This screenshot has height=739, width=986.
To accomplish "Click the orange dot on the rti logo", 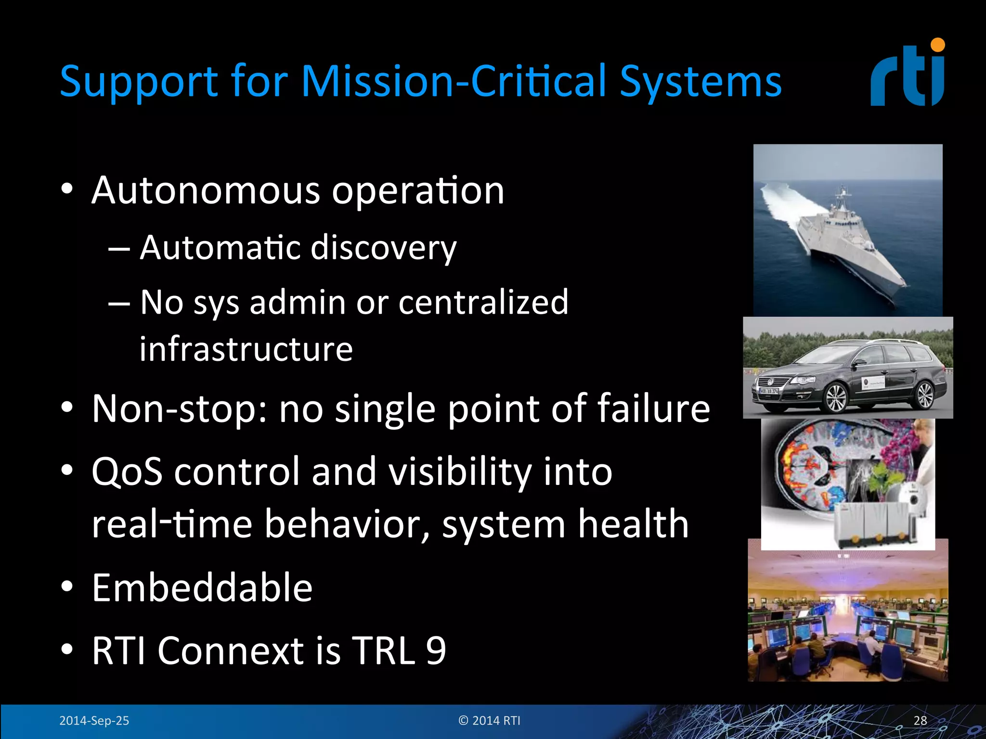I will pyautogui.click(x=937, y=45).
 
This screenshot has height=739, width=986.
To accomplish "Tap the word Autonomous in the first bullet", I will pyautogui.click(x=205, y=191).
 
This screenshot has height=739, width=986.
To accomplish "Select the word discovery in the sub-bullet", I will pyautogui.click(x=383, y=248).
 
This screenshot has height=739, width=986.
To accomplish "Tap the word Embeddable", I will pyautogui.click(x=202, y=588).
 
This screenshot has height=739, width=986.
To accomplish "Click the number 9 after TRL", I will pyautogui.click(x=436, y=650).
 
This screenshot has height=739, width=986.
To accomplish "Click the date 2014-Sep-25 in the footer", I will pyautogui.click(x=94, y=720).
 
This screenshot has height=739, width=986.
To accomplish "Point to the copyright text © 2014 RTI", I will pyautogui.click(x=489, y=720).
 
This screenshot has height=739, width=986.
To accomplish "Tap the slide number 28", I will pyautogui.click(x=920, y=720).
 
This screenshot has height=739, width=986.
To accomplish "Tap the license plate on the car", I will pyautogui.click(x=768, y=392).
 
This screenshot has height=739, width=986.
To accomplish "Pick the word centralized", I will pyautogui.click(x=483, y=302).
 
